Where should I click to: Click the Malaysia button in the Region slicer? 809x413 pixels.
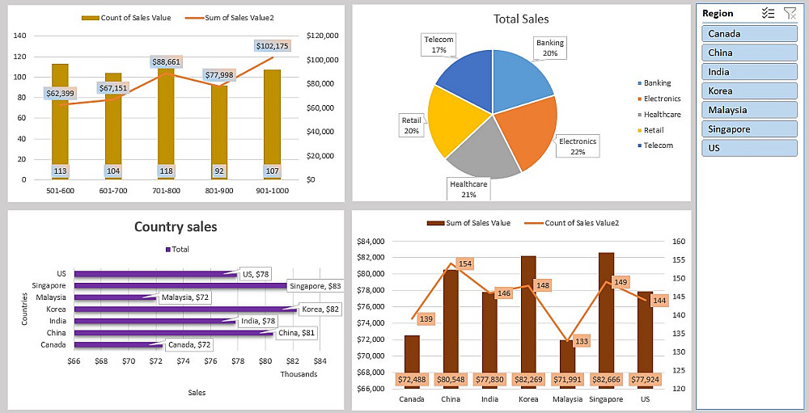pos(748,110)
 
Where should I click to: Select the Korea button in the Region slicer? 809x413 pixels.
pos(748,91)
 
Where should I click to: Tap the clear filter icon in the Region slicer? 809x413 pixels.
pos(790,13)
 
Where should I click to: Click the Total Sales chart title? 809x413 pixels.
pos(521,19)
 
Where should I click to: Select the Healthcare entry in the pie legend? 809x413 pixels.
pos(662,115)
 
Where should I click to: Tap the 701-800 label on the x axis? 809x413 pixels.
pos(167,191)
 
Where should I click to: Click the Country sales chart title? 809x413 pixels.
pos(176,227)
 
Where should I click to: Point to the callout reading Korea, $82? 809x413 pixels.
pos(321,309)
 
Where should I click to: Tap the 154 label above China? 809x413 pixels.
pos(464,263)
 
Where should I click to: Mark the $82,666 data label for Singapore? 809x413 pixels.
pos(606,379)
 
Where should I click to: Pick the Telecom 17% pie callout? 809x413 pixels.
pos(438,44)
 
